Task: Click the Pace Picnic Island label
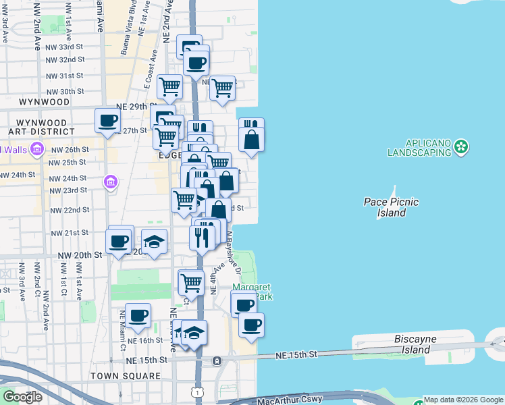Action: (391, 207)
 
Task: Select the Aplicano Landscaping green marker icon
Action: (461, 146)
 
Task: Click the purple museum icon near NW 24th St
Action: (110, 181)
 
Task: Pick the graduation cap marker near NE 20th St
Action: (155, 242)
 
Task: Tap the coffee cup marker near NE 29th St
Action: (108, 120)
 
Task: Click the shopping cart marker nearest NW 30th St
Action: (169, 86)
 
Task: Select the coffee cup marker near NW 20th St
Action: (120, 239)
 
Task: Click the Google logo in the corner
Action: (22, 397)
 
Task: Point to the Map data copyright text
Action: (463, 400)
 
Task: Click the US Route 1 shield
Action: (196, 391)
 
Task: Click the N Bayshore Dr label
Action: (234, 253)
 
